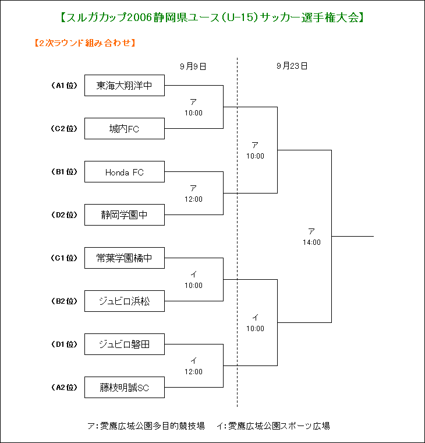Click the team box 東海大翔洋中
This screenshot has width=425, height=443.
click(125, 85)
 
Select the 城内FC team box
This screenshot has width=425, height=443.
click(125, 129)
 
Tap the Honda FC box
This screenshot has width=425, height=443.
click(125, 172)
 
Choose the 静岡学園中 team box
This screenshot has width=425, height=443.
click(125, 215)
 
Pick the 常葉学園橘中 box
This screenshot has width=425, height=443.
click(125, 258)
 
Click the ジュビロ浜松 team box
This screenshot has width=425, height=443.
click(125, 301)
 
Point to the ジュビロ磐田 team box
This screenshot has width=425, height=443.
click(125, 344)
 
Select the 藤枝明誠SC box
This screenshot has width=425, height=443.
click(125, 388)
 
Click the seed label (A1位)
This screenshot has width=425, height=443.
click(64, 85)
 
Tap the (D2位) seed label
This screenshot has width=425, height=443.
click(64, 215)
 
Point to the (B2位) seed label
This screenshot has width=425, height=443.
click(64, 301)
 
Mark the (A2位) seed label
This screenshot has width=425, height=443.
click(64, 388)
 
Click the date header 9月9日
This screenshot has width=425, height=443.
click(193, 66)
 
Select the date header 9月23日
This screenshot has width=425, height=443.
click(292, 66)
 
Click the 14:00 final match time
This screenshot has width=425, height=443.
click(311, 242)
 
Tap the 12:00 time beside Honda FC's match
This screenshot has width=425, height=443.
click(194, 199)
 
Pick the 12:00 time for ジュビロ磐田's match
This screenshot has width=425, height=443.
click(194, 372)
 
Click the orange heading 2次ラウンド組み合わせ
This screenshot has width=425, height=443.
click(85, 43)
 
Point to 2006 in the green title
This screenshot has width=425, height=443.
click(140, 17)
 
